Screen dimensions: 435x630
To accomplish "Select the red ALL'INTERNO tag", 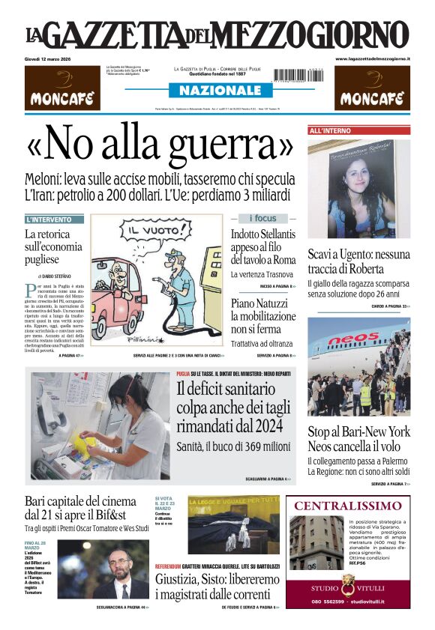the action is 330,131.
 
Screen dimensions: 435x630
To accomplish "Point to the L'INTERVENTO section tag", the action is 54,220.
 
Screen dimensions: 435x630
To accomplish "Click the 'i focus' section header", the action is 262,219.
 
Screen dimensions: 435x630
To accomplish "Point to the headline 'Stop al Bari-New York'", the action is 358,431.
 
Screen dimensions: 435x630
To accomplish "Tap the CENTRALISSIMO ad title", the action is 347,506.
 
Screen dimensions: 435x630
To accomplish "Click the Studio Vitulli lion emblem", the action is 347,581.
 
